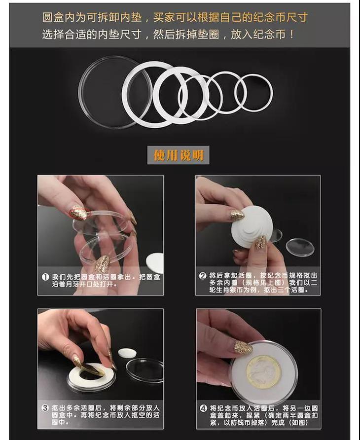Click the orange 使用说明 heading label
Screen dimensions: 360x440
click(178, 155)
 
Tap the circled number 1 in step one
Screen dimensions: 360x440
click(45, 277)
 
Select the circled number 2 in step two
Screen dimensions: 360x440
click(203, 276)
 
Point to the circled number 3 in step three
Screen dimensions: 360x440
click(45, 408)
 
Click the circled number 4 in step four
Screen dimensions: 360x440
click(203, 408)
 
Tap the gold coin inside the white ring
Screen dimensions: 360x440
click(260, 372)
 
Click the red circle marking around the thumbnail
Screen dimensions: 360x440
click(80, 213)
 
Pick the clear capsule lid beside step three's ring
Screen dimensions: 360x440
click(144, 369)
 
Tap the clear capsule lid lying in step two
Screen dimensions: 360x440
click(300, 247)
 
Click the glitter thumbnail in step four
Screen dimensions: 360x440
click(243, 348)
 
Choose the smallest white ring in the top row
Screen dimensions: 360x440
click(253, 93)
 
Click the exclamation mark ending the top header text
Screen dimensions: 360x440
click(292, 35)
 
